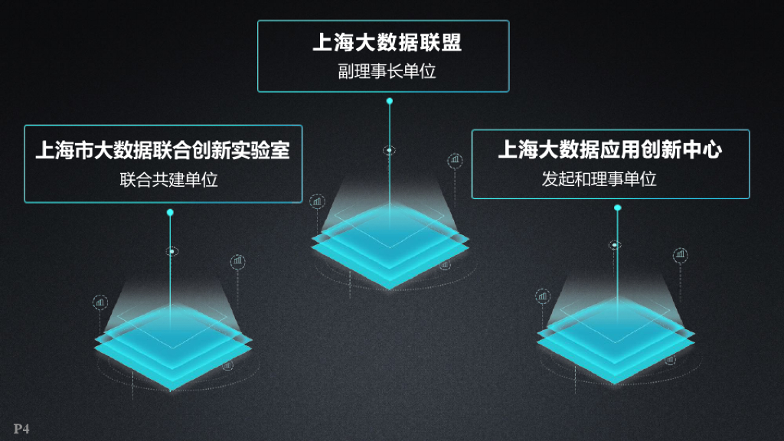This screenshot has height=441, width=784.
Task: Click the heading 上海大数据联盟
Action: point(387,42)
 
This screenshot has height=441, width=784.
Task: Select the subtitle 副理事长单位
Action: point(387,72)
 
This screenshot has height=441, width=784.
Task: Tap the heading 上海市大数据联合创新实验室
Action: point(162,150)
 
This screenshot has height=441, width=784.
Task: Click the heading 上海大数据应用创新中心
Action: point(609,149)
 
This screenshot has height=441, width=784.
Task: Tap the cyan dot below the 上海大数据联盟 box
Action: point(390,101)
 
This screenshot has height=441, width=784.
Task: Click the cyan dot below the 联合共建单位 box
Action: point(170,212)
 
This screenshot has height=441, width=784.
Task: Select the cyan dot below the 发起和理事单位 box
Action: point(618,207)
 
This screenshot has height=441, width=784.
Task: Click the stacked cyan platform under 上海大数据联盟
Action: point(390,245)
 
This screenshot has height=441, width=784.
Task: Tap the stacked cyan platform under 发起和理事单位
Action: point(616,341)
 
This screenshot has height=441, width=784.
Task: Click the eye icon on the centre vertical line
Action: point(390,150)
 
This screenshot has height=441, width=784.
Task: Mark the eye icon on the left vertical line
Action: point(172,251)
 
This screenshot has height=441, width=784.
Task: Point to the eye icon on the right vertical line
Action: point(615,245)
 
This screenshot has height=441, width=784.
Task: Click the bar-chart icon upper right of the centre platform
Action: point(456,161)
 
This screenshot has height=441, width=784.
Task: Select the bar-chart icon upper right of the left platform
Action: point(238,262)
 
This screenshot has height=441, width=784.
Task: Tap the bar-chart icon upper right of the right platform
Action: point(680,255)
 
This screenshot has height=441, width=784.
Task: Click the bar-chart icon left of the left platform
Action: point(100,302)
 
